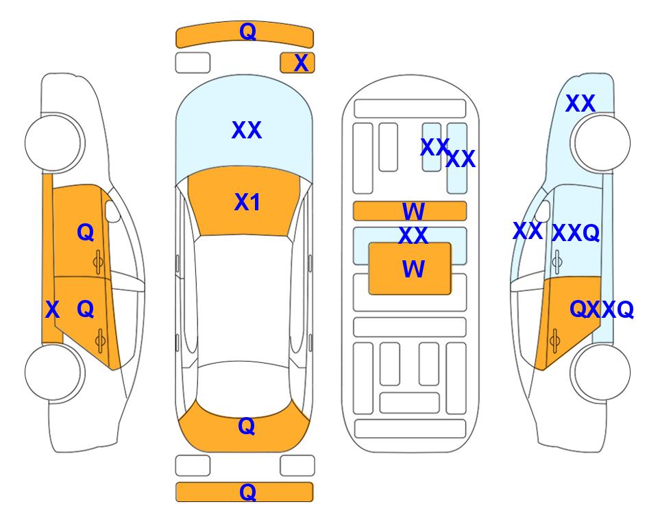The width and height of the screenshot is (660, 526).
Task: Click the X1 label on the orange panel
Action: (x=247, y=202)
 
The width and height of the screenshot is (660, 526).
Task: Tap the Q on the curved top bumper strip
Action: (x=247, y=31)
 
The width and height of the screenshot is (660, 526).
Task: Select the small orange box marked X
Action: (x=297, y=63)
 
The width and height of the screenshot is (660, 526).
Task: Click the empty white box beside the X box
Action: (x=193, y=63)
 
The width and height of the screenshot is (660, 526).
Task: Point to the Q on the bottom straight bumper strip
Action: (x=247, y=492)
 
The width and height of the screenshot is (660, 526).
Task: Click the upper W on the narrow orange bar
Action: (x=413, y=211)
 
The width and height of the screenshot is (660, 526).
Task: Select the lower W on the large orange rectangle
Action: (x=413, y=269)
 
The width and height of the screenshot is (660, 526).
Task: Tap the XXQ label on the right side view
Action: (x=576, y=233)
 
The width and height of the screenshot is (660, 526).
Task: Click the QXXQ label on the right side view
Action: (x=602, y=310)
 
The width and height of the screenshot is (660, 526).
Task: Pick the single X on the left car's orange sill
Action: (x=52, y=310)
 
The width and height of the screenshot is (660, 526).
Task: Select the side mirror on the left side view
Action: (x=112, y=211)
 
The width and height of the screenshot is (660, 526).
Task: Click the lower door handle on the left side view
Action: (x=100, y=341)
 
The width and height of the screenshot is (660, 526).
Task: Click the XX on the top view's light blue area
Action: (x=247, y=130)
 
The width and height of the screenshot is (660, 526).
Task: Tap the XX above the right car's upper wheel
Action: (x=580, y=103)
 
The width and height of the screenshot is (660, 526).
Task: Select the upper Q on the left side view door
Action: (x=86, y=232)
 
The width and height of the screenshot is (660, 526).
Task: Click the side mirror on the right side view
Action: (x=543, y=211)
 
